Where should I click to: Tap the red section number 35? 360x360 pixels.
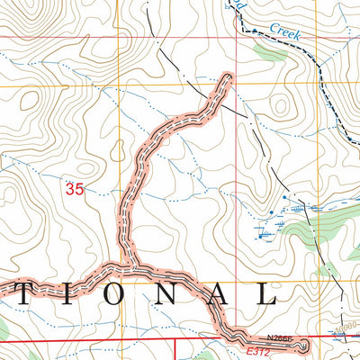coord(75,189)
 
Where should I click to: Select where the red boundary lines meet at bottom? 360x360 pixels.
coord(174,342)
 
